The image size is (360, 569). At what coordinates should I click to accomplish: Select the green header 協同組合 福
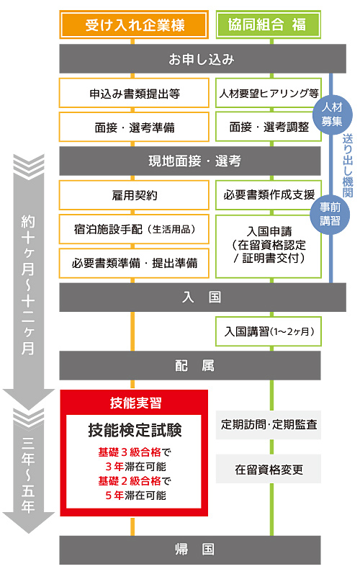pyautogui.click(x=267, y=24)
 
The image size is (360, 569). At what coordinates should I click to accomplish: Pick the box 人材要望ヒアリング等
pyautogui.click(x=268, y=93)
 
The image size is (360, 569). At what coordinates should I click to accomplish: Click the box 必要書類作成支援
pyautogui.click(x=268, y=194)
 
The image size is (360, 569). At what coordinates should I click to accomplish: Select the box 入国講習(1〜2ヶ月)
pyautogui.click(x=268, y=331)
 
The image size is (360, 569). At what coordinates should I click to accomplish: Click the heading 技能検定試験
pyautogui.click(x=135, y=430)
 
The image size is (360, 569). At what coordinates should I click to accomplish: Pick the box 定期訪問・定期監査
pyautogui.click(x=268, y=425)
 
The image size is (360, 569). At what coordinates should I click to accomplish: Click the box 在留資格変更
pyautogui.click(x=268, y=469)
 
